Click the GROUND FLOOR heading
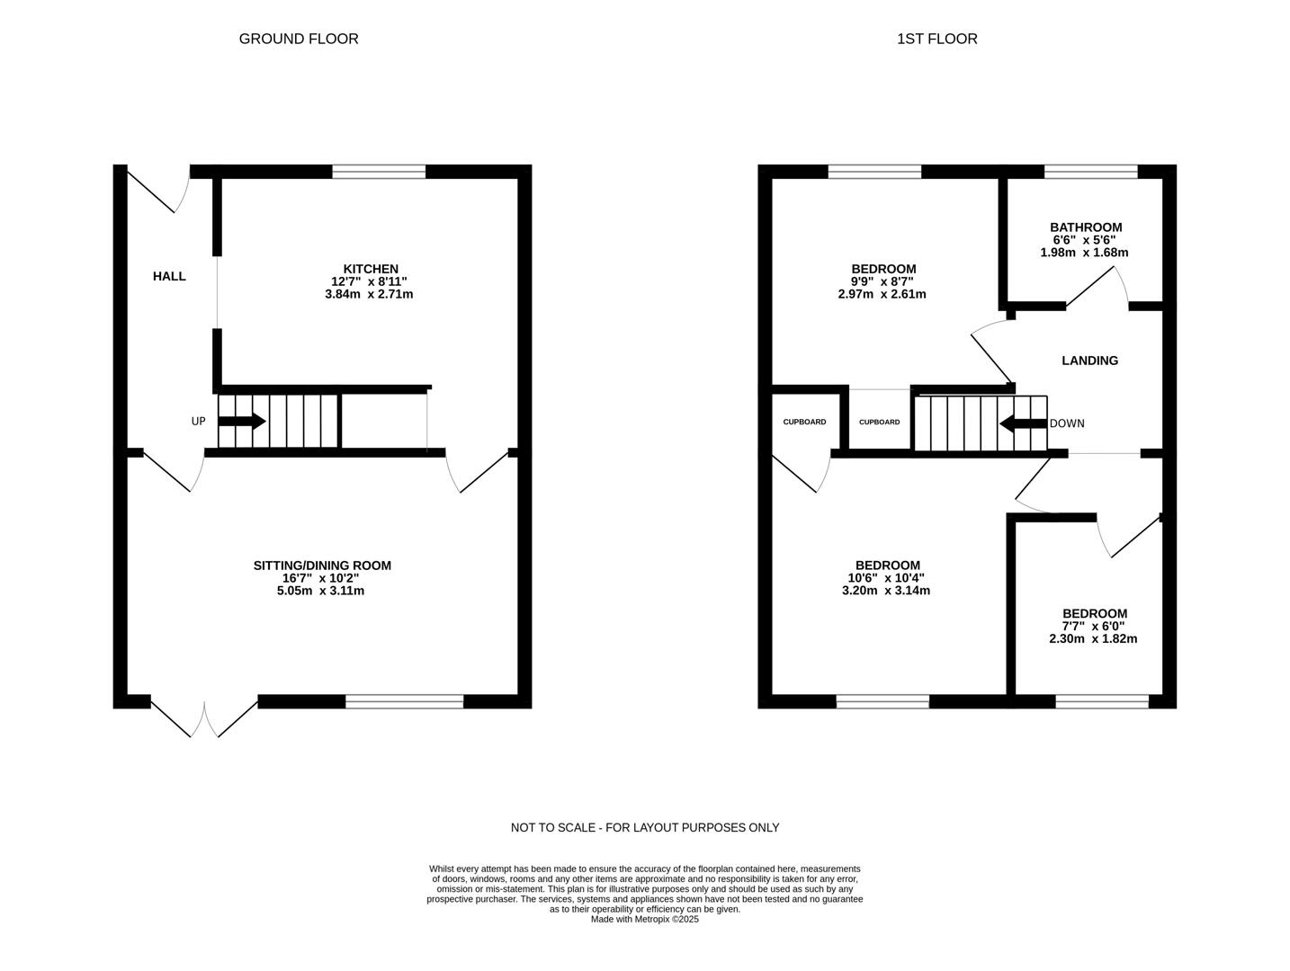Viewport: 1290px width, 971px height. (299, 39)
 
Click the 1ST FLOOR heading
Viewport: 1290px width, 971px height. (936, 39)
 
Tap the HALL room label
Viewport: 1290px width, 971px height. (169, 276)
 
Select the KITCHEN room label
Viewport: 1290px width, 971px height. (371, 269)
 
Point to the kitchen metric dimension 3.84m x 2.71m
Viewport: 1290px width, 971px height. (369, 294)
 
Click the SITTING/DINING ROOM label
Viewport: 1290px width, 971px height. (322, 566)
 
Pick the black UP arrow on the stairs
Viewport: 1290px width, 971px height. (241, 421)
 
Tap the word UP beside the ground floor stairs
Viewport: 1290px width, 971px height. (198, 422)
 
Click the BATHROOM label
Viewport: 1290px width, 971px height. (1086, 227)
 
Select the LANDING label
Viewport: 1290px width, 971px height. (1089, 361)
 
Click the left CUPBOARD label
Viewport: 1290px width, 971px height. (804, 422)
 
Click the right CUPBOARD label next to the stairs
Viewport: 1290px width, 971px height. (879, 422)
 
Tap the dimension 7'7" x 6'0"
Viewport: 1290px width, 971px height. (1093, 627)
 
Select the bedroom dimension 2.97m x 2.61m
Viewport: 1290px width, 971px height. (882, 294)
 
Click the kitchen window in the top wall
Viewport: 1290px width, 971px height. (379, 172)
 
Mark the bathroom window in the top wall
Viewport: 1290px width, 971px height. (1090, 172)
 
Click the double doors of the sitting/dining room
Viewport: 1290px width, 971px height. (204, 717)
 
